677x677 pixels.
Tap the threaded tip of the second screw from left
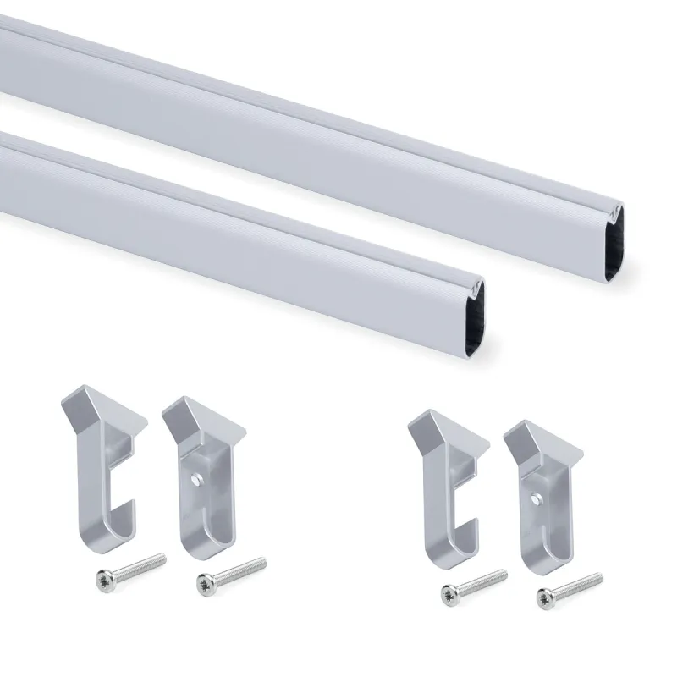[258, 562]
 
